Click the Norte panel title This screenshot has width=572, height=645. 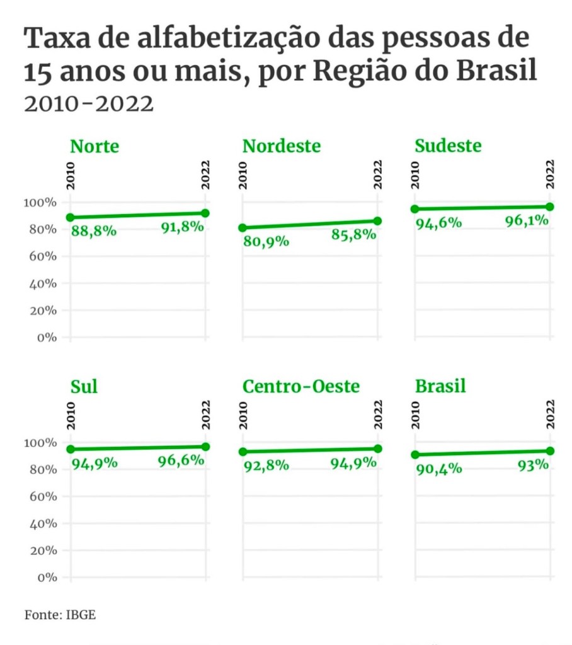pos(94,147)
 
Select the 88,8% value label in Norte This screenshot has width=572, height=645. pos(93,231)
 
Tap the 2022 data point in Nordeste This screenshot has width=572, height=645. pos(377,221)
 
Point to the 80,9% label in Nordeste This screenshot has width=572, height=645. pos(266,241)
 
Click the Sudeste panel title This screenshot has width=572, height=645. pos(448,146)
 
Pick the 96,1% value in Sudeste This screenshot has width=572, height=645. pos(527,221)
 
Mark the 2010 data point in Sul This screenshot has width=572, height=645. pos(71,450)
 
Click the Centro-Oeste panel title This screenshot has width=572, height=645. pos(301,386)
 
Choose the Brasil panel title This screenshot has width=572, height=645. pos(440,386)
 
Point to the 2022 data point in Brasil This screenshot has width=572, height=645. pos(550,451)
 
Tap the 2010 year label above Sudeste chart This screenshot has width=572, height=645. pos(415,174)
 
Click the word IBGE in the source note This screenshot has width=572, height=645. pos(81,614)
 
